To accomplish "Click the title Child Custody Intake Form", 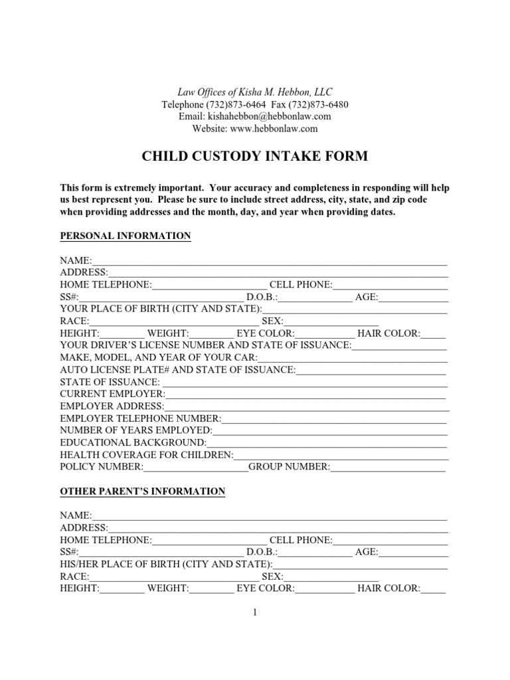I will point(255,157).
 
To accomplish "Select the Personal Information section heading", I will point(126,236).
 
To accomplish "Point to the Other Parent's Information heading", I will point(143,491).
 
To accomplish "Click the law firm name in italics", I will point(255,92).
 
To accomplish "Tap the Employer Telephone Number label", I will point(140,419).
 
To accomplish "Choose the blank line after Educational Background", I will point(327,443).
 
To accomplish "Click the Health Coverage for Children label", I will point(147,456).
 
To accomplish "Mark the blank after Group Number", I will point(388,467).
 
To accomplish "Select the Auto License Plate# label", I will point(178,370).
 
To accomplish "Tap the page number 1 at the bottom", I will point(254,613).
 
